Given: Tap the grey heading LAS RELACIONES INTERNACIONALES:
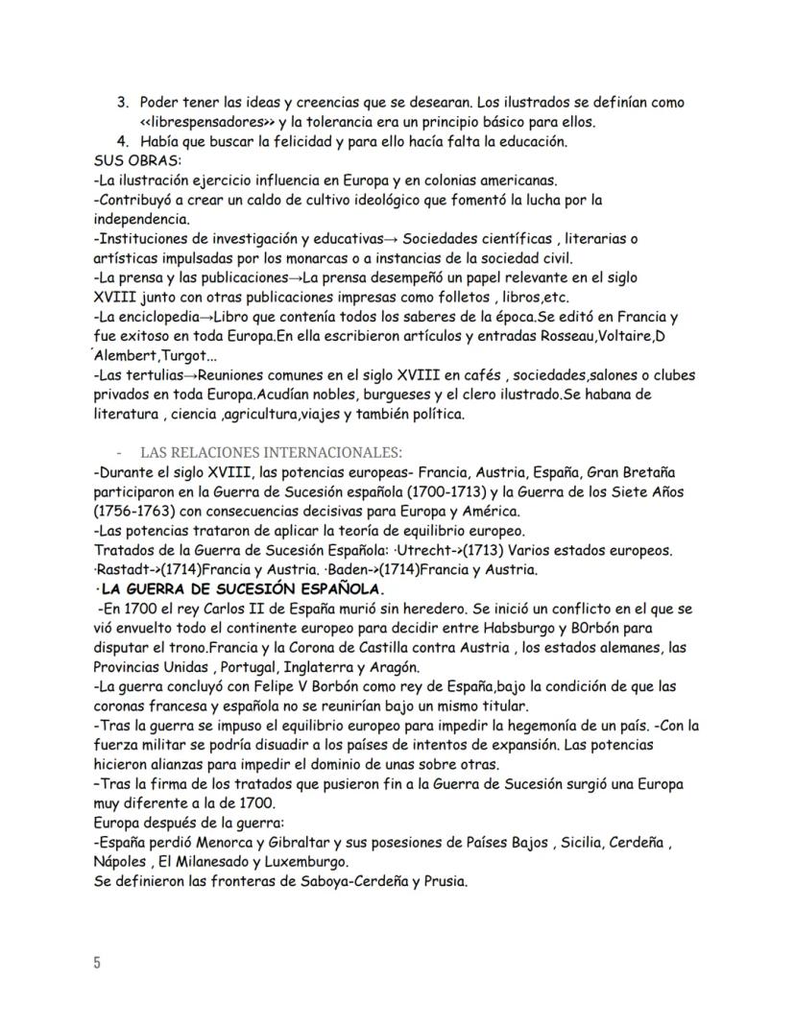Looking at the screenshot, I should coord(272,452).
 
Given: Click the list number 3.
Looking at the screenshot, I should coord(122,103).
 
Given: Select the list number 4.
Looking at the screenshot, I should coord(122,142).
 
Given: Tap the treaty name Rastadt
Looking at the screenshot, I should coord(126,569).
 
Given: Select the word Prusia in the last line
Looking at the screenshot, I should coord(445,882).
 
